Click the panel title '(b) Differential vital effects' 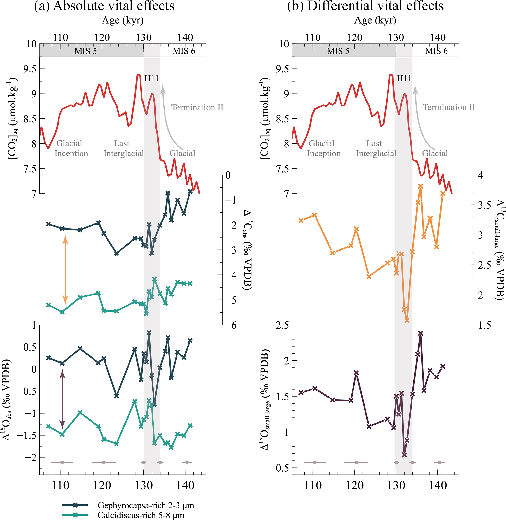click(x=365, y=6)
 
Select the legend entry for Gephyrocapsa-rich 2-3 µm click(x=146, y=505)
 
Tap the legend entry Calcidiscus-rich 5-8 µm click(x=141, y=515)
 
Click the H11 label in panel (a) click(x=152, y=78)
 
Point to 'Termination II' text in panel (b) click(x=449, y=107)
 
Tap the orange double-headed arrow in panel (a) click(x=65, y=270)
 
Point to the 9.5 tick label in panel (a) click(x=30, y=69)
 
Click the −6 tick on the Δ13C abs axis click(x=230, y=325)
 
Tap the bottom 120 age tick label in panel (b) click(x=354, y=486)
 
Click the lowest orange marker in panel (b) click(x=407, y=320)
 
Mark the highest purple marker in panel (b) click(x=420, y=334)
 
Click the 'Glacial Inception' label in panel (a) click(x=71, y=148)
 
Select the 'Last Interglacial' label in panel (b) click(x=376, y=148)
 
